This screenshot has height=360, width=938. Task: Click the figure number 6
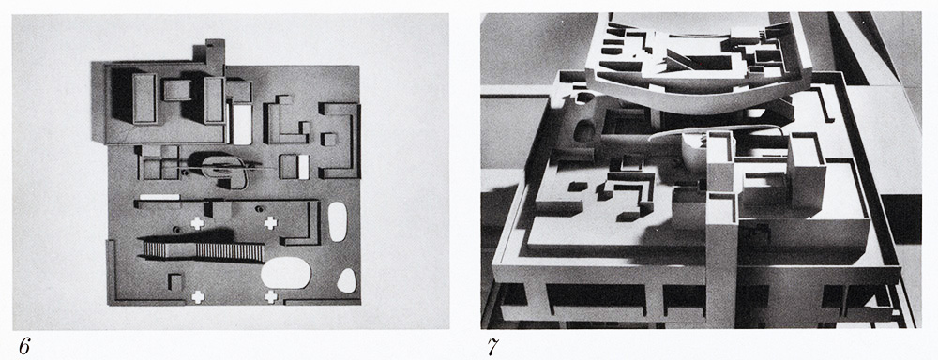[23, 346]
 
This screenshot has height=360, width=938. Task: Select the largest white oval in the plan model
[286, 272]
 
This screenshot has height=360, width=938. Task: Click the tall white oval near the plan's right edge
[338, 221]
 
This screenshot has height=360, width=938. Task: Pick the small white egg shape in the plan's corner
[346, 280]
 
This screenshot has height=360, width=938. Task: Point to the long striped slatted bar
[204, 250]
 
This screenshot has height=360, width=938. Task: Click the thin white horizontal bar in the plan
[159, 197]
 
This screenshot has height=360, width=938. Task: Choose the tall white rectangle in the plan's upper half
[242, 124]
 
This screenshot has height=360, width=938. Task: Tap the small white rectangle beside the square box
[303, 167]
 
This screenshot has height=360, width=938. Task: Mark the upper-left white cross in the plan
[197, 223]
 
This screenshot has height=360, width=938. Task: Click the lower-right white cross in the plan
[270, 296]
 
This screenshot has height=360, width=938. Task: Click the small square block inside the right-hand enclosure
[328, 140]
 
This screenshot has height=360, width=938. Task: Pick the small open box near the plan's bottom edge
[174, 281]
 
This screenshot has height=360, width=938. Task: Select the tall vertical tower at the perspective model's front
[721, 231]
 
